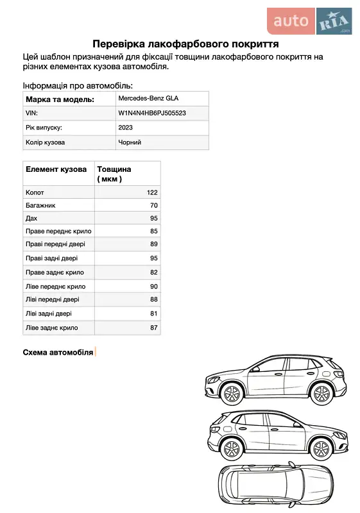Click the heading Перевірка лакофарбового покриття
pos(185,44)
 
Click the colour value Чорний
pos(130,142)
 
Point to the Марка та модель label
pos(60,99)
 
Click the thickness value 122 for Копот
pos(152,192)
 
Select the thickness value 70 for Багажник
pos(154,206)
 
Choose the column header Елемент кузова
pos(56,169)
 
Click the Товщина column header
pos(114,169)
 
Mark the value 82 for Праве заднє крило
pos(154,273)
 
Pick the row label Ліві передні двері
pos(53,299)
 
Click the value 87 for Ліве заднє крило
pos(154,328)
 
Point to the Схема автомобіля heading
pos(58,352)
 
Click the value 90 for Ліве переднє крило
pos(154,287)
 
